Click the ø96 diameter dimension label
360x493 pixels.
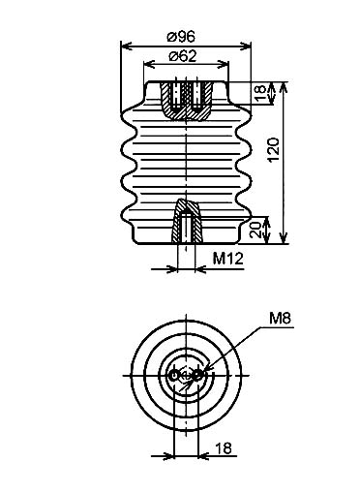181,37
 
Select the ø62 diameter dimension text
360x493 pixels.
183,56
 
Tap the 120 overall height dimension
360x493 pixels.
274,150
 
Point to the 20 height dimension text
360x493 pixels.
256,231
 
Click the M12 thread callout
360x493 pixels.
227,259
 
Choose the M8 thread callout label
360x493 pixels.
280,319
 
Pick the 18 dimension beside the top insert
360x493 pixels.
261,93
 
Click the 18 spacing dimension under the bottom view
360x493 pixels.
224,448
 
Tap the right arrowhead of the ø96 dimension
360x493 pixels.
246,46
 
